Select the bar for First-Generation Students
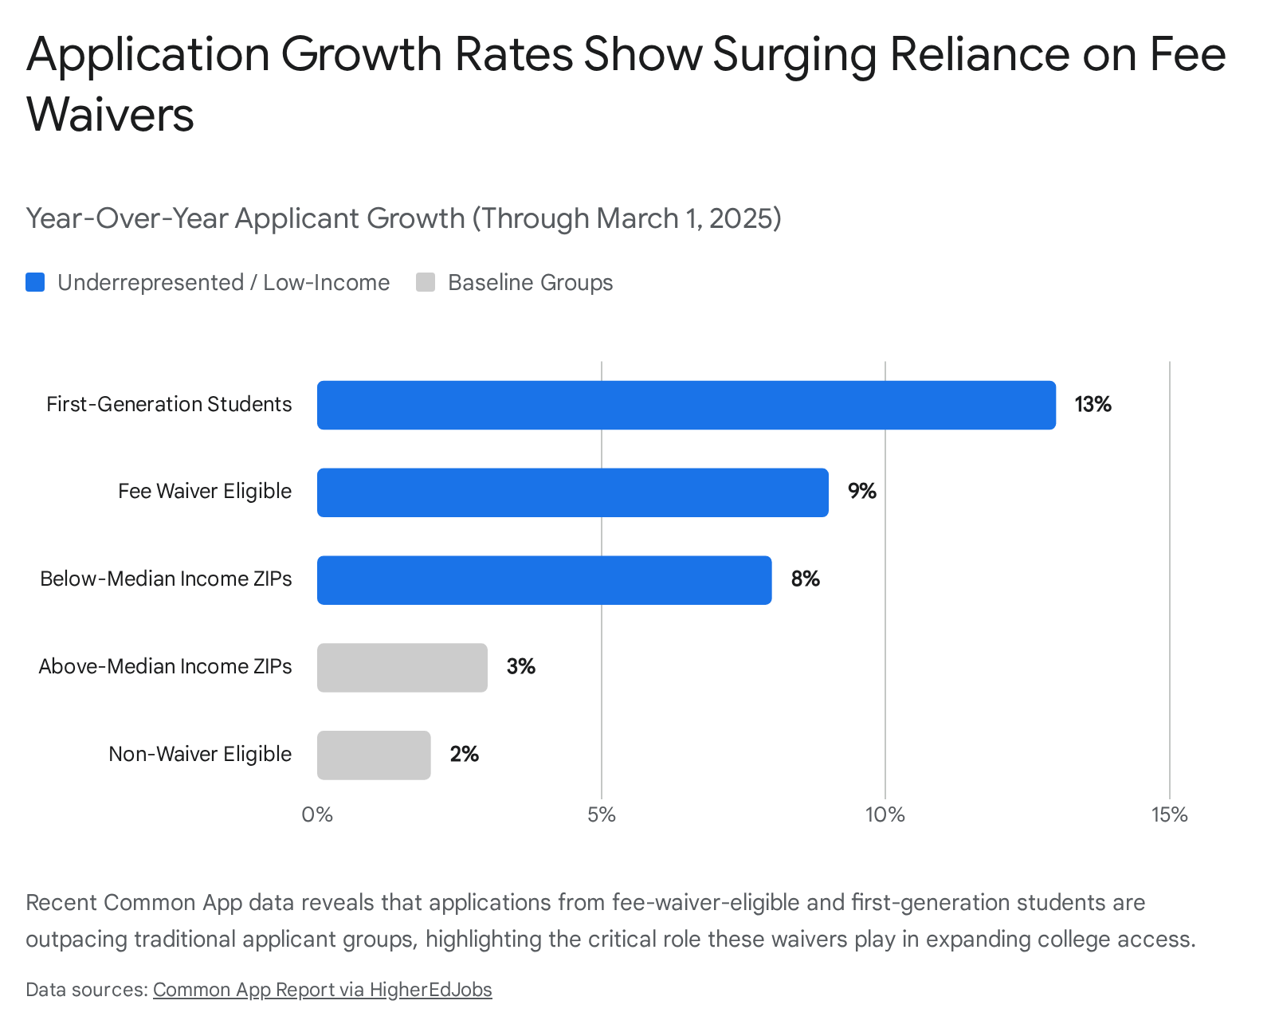coord(686,406)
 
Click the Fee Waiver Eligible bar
coord(572,492)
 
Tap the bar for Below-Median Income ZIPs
coord(544,580)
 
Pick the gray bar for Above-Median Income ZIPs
coord(402,668)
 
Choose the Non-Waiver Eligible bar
coord(374,755)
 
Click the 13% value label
coord(1093,405)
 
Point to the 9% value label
coord(861,491)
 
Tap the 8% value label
coord(805,579)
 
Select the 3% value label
coord(521,666)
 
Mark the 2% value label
coord(464,754)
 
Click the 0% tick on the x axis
coord(317,815)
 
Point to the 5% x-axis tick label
coord(602,815)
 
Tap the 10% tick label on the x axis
coord(885,815)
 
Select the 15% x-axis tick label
coord(1170,815)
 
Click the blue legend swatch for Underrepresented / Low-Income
coord(35,282)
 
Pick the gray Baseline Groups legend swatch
coord(426,282)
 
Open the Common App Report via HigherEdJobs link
coord(322,990)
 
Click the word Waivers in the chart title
coord(110,114)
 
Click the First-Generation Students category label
coord(169,405)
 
